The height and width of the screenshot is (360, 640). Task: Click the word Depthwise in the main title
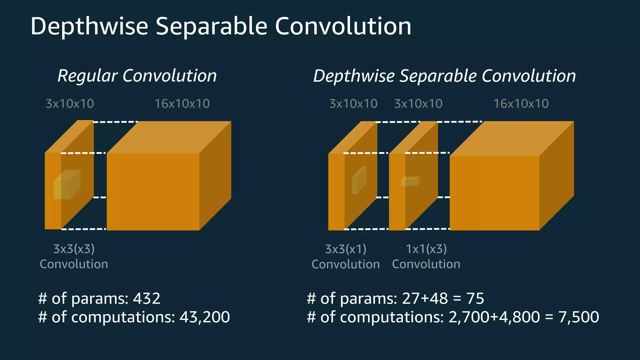[89, 26]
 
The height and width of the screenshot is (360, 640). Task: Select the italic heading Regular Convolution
[137, 76]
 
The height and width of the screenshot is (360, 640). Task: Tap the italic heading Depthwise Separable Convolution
[444, 76]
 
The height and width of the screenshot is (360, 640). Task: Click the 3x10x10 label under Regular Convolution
[70, 104]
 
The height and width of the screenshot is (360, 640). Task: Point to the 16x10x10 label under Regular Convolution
[182, 104]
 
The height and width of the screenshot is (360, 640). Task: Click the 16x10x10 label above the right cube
[521, 104]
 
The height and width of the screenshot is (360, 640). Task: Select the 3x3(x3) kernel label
[74, 249]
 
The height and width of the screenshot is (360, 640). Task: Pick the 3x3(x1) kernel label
[346, 249]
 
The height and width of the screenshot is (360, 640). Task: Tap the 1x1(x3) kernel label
[426, 249]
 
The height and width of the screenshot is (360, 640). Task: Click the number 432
[147, 298]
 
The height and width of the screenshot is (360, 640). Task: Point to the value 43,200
[205, 317]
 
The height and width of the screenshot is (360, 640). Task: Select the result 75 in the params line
[475, 298]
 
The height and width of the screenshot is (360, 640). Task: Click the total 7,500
[579, 317]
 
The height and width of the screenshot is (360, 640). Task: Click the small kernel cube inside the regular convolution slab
[67, 185]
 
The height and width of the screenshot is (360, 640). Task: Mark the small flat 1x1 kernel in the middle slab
[410, 182]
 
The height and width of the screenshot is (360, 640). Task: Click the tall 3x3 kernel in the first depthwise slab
[359, 181]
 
